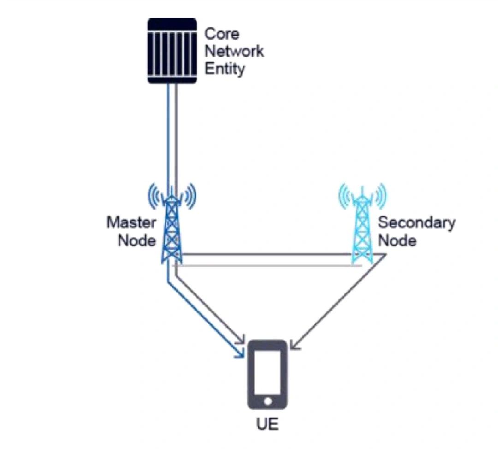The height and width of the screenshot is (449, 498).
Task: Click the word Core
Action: pyautogui.click(x=221, y=34)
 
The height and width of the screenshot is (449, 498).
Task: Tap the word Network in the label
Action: pyautogui.click(x=234, y=51)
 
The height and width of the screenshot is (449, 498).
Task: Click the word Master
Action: pyautogui.click(x=131, y=222)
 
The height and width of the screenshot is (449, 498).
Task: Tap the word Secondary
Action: pyautogui.click(x=416, y=222)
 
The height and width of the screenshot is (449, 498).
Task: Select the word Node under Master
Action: pyautogui.click(x=137, y=240)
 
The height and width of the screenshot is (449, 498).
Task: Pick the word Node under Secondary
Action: pyautogui.click(x=397, y=240)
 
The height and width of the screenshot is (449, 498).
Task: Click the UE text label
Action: pyautogui.click(x=267, y=424)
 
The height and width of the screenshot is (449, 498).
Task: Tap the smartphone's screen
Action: pyautogui.click(x=267, y=372)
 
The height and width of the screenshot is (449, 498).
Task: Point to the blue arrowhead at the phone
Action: pyautogui.click(x=240, y=353)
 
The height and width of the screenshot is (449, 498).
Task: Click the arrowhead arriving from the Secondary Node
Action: pyautogui.click(x=295, y=345)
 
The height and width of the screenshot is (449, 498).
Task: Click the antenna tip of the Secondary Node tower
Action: pyautogui.click(x=362, y=188)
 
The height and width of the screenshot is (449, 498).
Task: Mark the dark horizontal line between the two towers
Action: pyautogui.click(x=267, y=254)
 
